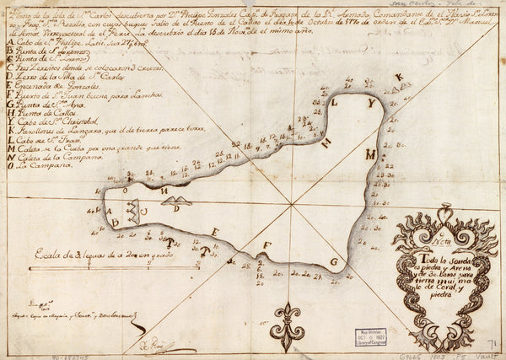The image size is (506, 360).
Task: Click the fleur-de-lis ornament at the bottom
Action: click(x=290, y=324)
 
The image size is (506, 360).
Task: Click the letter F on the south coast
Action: click(x=267, y=246)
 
